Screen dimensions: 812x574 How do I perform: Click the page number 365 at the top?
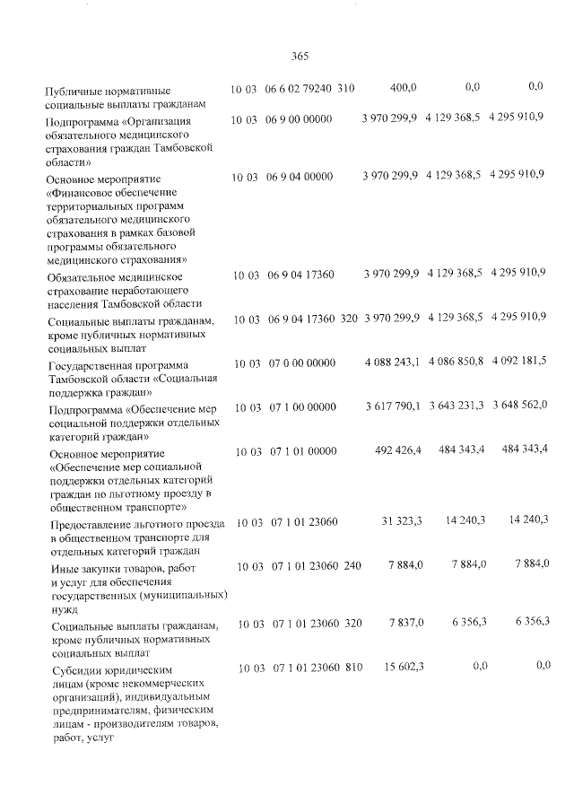[x=300, y=57]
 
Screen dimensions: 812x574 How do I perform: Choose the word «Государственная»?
[x=95, y=366]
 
